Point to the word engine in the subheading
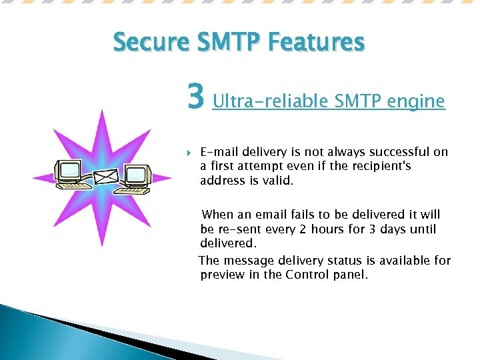click(x=415, y=101)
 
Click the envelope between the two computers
click(x=105, y=177)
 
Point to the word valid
click(x=279, y=181)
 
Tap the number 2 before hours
click(x=303, y=229)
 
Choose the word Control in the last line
click(x=308, y=275)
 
